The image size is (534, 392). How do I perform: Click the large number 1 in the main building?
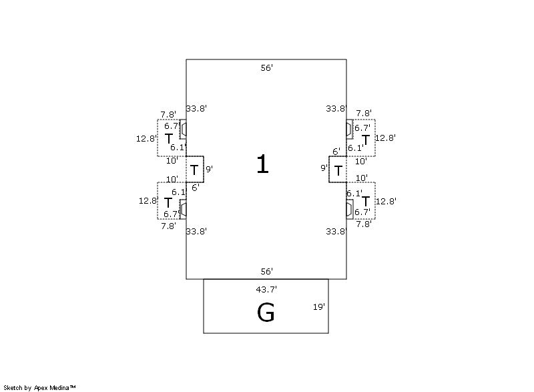[262, 164]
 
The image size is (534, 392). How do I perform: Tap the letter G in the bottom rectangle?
[266, 313]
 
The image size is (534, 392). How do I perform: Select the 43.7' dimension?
[266, 289]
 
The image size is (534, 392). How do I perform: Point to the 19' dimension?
[319, 307]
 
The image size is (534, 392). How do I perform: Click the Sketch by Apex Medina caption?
[39, 387]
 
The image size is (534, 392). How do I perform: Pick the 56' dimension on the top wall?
[266, 68]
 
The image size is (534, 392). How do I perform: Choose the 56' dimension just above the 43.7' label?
[266, 271]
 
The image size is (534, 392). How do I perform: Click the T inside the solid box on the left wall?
[194, 170]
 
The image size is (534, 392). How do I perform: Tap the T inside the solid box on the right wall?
[338, 170]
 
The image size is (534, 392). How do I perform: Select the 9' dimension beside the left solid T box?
[209, 170]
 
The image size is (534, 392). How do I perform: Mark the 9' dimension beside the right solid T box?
[324, 168]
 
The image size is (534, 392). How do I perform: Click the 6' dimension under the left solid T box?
[196, 188]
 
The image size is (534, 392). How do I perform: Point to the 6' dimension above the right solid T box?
[336, 152]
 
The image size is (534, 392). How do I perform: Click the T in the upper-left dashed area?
[168, 139]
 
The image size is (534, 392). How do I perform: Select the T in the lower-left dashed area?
[168, 203]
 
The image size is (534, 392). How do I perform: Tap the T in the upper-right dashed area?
[365, 140]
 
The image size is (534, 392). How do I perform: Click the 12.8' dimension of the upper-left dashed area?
[146, 139]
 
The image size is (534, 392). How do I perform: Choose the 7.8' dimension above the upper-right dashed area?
[364, 114]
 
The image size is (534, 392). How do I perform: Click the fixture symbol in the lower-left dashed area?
[183, 210]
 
